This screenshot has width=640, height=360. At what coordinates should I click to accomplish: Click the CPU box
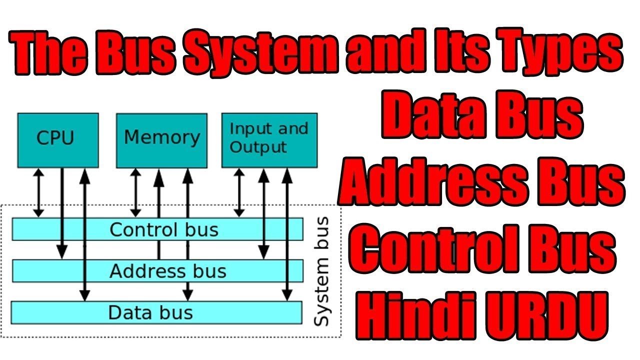pyautogui.click(x=57, y=139)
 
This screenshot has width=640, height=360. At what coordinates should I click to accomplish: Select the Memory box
pyautogui.click(x=161, y=139)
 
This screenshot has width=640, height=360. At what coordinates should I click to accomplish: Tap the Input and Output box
pyautogui.click(x=269, y=139)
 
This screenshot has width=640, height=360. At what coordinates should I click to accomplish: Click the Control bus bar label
pyautogui.click(x=164, y=230)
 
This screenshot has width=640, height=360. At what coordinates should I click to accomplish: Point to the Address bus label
pyautogui.click(x=168, y=271)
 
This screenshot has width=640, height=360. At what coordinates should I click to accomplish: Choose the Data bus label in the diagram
pyautogui.click(x=150, y=312)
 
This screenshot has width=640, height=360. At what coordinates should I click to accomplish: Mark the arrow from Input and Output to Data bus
pyautogui.click(x=287, y=235)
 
